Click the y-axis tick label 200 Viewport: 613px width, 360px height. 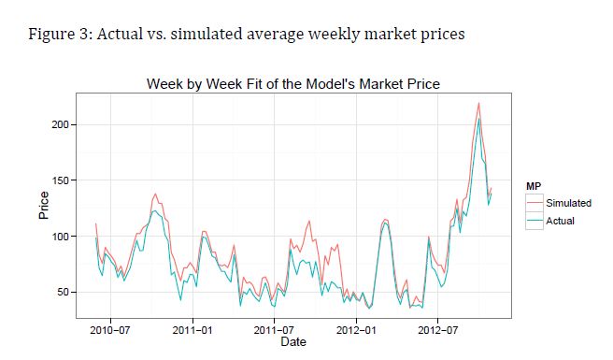pyautogui.click(x=60, y=124)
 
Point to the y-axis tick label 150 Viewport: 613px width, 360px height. pyautogui.click(x=60, y=180)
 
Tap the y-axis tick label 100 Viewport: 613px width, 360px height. pyautogui.click(x=60, y=237)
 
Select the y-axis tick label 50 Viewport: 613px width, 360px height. pyautogui.click(x=63, y=293)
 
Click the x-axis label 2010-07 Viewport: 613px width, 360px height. pyautogui.click(x=110, y=330)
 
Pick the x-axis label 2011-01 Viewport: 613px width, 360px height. pyautogui.click(x=192, y=330)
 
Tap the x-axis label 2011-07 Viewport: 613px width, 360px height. pyautogui.click(x=274, y=330)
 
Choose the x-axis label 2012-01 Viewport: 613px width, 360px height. pyautogui.click(x=356, y=330)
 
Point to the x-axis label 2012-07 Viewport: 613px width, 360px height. pyautogui.click(x=438, y=330)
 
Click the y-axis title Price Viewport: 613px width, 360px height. pyautogui.click(x=44, y=206)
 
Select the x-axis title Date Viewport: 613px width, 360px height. pyautogui.click(x=293, y=341)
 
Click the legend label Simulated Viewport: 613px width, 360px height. pyautogui.click(x=568, y=203)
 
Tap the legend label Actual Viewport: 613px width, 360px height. pyautogui.click(x=561, y=221)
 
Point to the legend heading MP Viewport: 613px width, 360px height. pyautogui.click(x=534, y=186)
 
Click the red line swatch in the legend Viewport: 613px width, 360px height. pyautogui.click(x=535, y=203)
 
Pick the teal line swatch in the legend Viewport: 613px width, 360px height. pyautogui.click(x=535, y=221)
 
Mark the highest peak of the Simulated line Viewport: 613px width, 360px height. pyautogui.click(x=478, y=103)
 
